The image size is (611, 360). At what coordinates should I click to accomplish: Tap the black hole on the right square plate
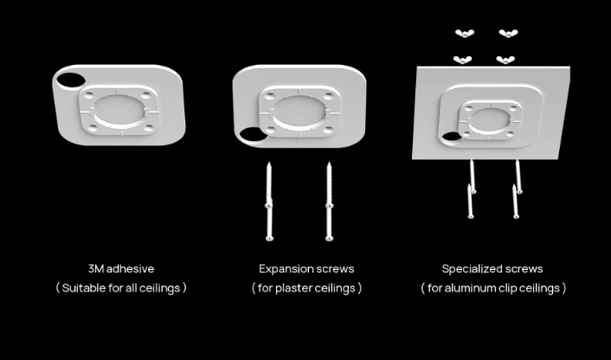coord(451,138)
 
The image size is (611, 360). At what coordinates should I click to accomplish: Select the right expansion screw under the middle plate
coord(329,201)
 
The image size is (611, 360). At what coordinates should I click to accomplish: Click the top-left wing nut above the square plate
coord(464,34)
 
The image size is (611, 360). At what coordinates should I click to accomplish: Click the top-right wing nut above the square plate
coord(507,34)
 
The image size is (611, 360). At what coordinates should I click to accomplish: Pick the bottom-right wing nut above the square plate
coord(505,60)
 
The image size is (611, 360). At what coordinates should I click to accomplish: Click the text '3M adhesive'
coord(121,269)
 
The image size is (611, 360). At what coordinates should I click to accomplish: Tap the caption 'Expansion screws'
coord(306,269)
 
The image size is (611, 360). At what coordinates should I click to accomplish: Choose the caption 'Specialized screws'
coord(492,269)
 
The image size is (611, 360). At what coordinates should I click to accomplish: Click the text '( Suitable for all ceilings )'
coord(121,287)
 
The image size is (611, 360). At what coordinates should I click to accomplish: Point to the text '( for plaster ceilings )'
coord(306,287)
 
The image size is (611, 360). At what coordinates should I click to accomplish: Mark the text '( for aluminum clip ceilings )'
coord(493,287)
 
